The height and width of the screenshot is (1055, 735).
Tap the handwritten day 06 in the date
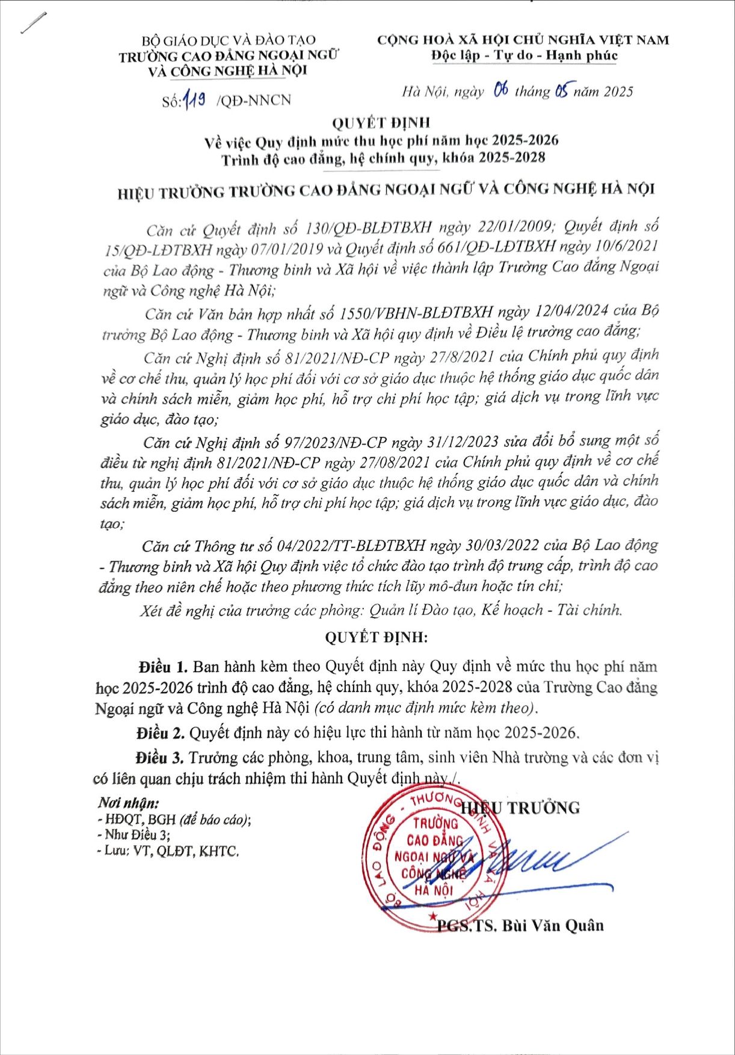pyautogui.click(x=500, y=90)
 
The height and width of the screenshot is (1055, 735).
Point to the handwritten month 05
pyautogui.click(x=562, y=91)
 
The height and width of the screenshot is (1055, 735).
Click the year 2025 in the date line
pyautogui.click(x=618, y=91)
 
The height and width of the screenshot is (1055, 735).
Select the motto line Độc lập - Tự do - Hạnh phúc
pyautogui.click(x=524, y=56)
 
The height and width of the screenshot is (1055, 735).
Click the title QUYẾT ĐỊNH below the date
pyautogui.click(x=381, y=123)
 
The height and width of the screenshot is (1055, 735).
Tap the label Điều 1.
pyautogui.click(x=163, y=667)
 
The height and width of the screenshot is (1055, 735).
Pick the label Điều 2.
pyautogui.click(x=160, y=733)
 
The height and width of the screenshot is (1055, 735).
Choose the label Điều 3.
pyautogui.click(x=159, y=757)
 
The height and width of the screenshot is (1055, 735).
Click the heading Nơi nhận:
pyautogui.click(x=129, y=803)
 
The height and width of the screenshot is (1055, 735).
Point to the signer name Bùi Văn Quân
pyautogui.click(x=553, y=925)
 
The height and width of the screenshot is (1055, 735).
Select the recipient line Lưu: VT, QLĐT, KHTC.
pyautogui.click(x=168, y=851)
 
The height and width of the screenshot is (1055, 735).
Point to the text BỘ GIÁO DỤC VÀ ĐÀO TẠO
pyautogui.click(x=229, y=41)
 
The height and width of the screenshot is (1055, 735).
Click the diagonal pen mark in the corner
pyautogui.click(x=34, y=22)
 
